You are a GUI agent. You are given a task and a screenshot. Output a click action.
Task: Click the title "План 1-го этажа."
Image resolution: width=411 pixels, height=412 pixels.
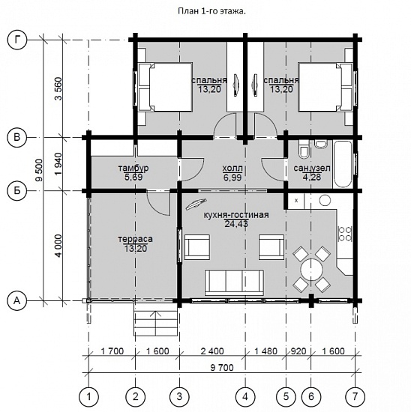click(211, 11)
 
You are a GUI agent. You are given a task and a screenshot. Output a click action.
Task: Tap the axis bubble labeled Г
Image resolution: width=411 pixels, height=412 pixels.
click(17, 40)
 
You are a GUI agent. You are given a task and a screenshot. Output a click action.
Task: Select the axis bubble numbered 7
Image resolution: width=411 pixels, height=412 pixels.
click(355, 396)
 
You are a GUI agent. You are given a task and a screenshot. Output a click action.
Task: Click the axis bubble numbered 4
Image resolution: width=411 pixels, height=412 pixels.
click(245, 396)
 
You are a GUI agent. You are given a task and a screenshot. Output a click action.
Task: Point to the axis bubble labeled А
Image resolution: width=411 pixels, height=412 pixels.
click(17, 300)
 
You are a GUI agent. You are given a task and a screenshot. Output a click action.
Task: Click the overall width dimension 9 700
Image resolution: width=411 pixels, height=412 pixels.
click(222, 368)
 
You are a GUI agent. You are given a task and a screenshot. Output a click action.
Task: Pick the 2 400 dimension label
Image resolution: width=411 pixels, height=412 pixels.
click(212, 351)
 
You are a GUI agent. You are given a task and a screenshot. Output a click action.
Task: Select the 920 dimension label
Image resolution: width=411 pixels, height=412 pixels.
click(298, 351)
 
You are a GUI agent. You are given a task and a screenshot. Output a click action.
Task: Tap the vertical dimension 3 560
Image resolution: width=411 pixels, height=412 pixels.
click(58, 88)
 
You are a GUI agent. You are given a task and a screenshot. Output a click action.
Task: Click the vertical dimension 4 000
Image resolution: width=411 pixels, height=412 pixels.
click(58, 246)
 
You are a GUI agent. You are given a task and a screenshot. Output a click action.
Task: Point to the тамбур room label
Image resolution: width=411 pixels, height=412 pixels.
click(133, 168)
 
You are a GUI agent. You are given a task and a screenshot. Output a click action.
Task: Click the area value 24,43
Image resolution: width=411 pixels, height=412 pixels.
click(236, 224)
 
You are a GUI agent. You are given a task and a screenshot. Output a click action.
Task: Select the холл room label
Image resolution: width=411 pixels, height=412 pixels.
click(232, 168)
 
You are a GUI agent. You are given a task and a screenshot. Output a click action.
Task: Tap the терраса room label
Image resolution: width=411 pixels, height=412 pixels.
click(135, 239)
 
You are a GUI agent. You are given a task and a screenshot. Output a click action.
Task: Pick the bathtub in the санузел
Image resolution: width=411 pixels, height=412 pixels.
click(343, 165)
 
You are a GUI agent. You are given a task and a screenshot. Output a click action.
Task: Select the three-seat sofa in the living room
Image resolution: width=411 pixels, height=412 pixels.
click(234, 282)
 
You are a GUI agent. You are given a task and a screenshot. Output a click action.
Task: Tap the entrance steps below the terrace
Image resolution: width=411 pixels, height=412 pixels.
click(156, 323)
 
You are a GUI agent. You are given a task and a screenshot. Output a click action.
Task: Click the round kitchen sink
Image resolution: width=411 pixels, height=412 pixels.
click(325, 200)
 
